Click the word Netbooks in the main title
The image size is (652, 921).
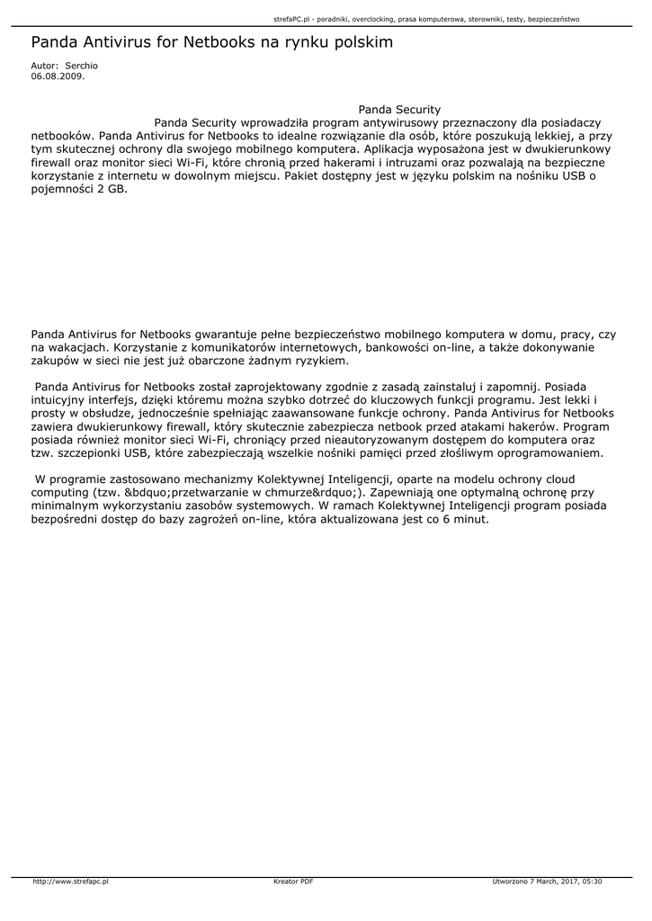pyautogui.click(x=223, y=42)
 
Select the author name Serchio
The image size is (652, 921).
pyautogui.click(x=82, y=67)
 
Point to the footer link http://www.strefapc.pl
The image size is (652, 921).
pyautogui.click(x=70, y=881)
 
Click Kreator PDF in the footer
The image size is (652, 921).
pyautogui.click(x=293, y=881)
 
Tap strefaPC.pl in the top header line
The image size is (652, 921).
pyautogui.click(x=291, y=18)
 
